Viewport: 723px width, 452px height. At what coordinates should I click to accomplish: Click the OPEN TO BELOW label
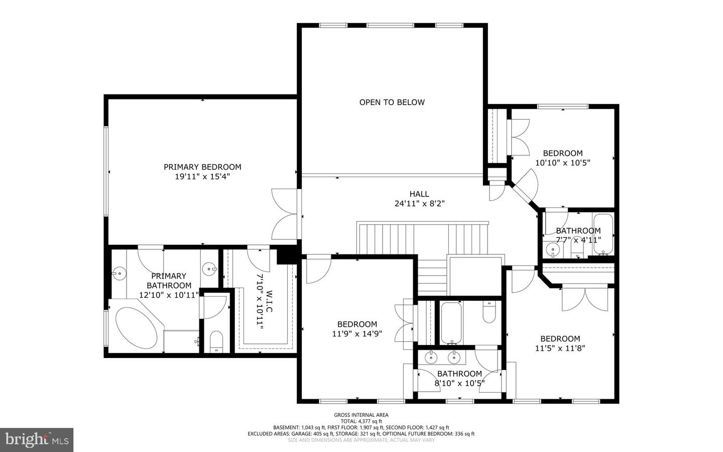pyautogui.click(x=392, y=102)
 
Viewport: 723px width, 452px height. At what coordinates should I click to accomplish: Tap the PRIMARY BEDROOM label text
pyautogui.click(x=202, y=167)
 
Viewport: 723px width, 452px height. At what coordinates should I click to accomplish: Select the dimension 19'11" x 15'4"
pyautogui.click(x=202, y=176)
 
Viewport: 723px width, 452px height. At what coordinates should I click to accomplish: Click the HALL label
pyautogui.click(x=419, y=194)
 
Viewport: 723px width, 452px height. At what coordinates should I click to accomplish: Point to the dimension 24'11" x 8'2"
pyautogui.click(x=420, y=204)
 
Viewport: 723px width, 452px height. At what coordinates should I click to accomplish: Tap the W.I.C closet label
pyautogui.click(x=270, y=301)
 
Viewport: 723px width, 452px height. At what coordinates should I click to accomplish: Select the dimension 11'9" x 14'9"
pyautogui.click(x=357, y=334)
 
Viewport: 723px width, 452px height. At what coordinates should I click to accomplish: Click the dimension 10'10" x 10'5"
pyautogui.click(x=562, y=162)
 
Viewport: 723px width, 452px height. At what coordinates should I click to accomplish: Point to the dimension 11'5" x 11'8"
pyautogui.click(x=560, y=348)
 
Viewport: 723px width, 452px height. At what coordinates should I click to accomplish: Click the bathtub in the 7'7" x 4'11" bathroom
pyautogui.click(x=603, y=234)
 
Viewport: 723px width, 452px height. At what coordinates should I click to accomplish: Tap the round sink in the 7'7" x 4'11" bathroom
pyautogui.click(x=553, y=249)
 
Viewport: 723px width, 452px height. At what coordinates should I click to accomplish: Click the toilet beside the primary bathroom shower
pyautogui.click(x=216, y=341)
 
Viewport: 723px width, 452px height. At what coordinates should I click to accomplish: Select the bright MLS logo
pyautogui.click(x=37, y=440)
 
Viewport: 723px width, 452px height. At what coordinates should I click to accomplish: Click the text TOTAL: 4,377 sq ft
pyautogui.click(x=361, y=421)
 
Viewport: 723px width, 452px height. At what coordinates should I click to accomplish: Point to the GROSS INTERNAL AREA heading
pyautogui.click(x=361, y=415)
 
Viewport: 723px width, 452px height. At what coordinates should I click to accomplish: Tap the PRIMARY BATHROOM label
pyautogui.click(x=169, y=281)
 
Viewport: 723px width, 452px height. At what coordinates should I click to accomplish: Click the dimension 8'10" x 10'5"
pyautogui.click(x=459, y=384)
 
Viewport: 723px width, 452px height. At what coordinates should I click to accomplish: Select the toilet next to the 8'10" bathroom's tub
pyautogui.click(x=489, y=312)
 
